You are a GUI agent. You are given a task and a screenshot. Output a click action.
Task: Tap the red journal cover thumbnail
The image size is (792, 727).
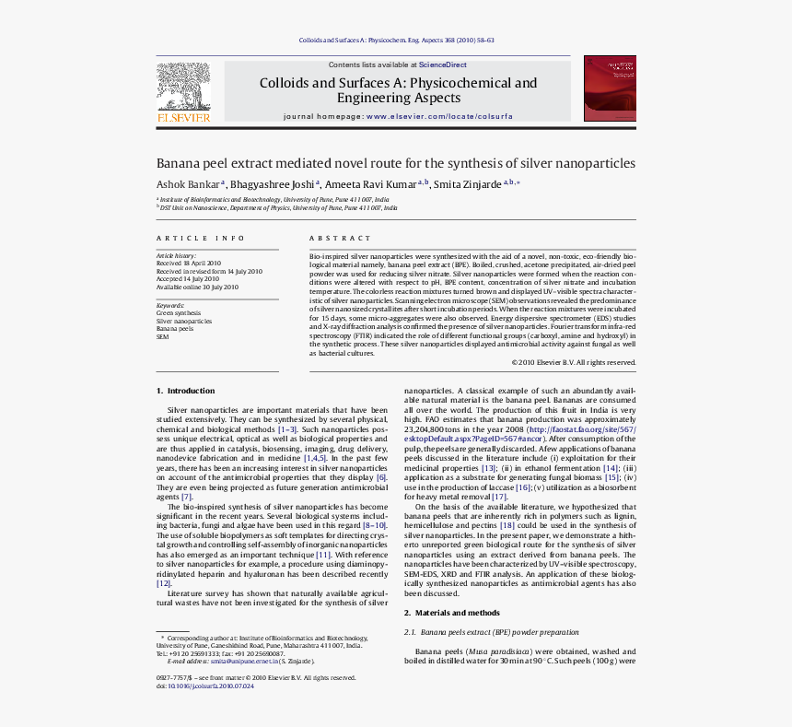click(610, 88)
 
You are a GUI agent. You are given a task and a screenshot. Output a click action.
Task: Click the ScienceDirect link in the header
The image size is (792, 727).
click(443, 65)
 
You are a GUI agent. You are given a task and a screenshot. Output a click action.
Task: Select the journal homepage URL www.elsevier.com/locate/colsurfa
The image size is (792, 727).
click(439, 117)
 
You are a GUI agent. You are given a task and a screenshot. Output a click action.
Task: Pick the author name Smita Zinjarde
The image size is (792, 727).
click(467, 184)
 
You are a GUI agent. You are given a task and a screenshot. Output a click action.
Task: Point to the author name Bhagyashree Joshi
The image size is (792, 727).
click(270, 184)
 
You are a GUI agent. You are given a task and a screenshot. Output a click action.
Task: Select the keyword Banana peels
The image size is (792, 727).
click(175, 328)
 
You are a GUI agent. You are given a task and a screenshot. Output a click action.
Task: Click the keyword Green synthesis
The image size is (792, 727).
click(179, 313)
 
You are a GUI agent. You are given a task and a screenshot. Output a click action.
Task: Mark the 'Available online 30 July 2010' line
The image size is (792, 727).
click(197, 287)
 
